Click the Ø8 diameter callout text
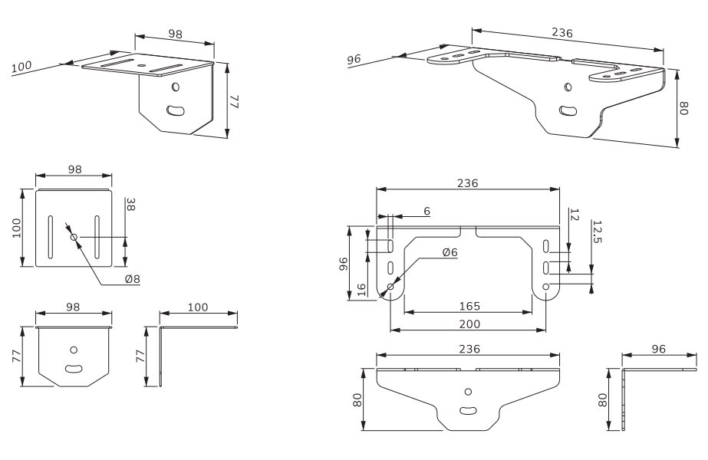132,279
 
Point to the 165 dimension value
469,306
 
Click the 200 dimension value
469,324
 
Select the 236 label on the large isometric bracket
562,32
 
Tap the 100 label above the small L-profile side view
198,307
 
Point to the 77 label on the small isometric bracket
235,100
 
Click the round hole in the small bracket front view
74,349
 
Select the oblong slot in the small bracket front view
74,369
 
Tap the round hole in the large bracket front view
467,392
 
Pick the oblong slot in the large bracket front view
467,410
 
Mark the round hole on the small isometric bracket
176,88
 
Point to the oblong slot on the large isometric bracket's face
569,110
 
